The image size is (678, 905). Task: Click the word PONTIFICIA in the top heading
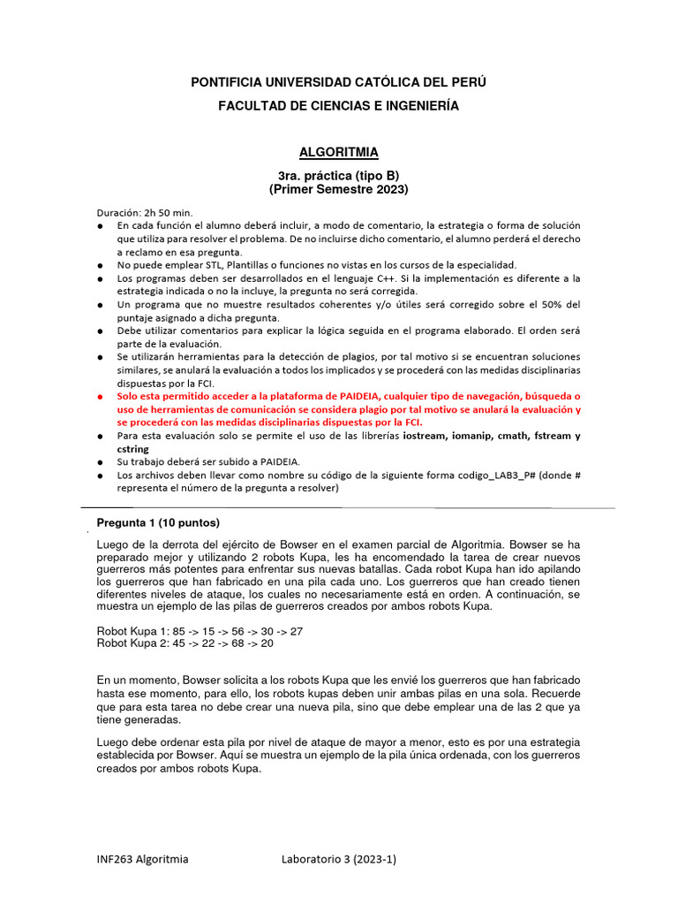click(227, 82)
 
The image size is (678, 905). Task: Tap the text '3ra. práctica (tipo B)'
click(339, 176)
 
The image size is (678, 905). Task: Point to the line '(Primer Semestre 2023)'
click(339, 189)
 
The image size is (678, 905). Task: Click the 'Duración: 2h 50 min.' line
click(144, 213)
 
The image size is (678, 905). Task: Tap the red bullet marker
click(102, 397)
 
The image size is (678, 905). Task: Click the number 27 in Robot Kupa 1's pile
click(296, 631)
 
